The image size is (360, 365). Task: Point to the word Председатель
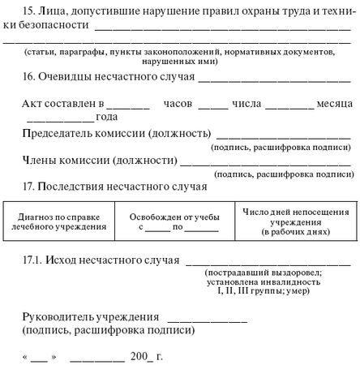coord(58,133)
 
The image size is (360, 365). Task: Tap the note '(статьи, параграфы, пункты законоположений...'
coord(179,51)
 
